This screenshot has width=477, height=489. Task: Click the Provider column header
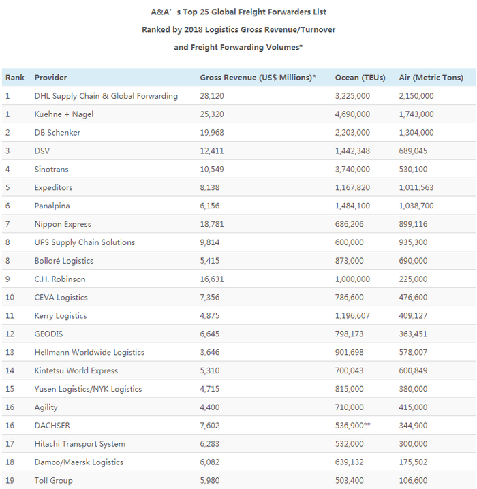50,78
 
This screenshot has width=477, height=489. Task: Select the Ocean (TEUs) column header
361,78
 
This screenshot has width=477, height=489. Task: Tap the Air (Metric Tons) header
429,78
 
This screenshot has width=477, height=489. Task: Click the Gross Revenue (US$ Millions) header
258,78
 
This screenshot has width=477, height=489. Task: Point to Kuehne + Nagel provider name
64,114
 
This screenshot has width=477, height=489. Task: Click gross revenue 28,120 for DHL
212,96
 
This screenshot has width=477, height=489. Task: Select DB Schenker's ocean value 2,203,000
352,133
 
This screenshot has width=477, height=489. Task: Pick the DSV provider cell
42,151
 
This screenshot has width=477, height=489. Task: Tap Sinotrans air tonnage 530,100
416,170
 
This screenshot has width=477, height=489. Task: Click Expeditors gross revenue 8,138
210,188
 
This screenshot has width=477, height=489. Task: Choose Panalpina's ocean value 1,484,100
352,206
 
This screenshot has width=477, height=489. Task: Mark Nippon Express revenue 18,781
212,225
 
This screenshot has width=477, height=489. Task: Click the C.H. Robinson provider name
60,279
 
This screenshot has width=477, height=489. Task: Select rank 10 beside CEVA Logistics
10,298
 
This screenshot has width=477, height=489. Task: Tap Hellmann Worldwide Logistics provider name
89,353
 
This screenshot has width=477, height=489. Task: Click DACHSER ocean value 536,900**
355,426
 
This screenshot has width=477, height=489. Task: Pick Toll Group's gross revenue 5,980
210,481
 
